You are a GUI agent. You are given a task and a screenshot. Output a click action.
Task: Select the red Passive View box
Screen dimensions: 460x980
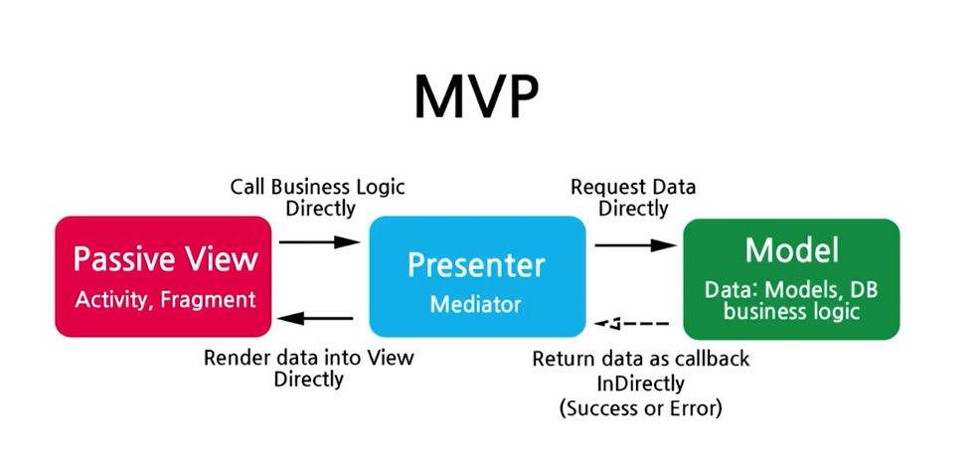163,275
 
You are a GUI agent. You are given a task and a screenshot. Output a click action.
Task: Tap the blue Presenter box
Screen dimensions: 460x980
477,276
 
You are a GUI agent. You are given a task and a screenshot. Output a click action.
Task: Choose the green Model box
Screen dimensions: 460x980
790,276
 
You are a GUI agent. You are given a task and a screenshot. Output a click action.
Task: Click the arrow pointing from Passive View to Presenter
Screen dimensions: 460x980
318,241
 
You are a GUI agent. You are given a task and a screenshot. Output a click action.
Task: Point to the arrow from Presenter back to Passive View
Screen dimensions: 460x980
318,319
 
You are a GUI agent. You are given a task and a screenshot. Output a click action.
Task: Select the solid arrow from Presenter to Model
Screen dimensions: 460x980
634,244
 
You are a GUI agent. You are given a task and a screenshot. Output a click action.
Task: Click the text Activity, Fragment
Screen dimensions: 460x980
165,298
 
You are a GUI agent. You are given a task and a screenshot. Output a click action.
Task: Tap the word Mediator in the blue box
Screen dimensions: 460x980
476,303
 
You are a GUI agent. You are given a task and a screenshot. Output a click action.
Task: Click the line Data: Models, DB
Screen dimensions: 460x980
791,290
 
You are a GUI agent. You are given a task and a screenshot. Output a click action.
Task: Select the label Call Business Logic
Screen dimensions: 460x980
318,187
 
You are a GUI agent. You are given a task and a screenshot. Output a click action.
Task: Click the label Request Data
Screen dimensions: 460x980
633,187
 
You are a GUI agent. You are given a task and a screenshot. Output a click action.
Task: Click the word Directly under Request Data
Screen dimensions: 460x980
633,209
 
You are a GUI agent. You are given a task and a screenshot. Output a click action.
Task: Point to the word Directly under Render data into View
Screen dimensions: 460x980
309,379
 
